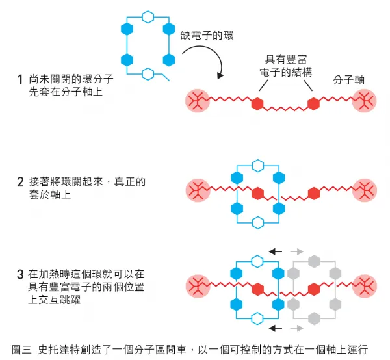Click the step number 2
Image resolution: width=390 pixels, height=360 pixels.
21,183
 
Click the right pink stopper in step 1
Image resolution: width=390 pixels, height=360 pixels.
363,102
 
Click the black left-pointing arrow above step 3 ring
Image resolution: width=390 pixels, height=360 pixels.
278,251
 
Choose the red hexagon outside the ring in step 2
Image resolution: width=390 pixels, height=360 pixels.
314,192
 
